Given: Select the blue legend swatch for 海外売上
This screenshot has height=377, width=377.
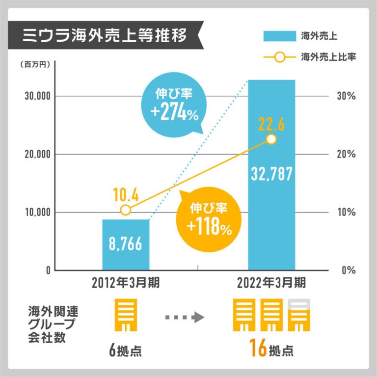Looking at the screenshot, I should pyautogui.click(x=278, y=36).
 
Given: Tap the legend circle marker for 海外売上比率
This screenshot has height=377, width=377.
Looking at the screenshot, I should pyautogui.click(x=278, y=57).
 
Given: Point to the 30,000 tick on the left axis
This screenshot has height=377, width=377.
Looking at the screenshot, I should pyautogui.click(x=38, y=96).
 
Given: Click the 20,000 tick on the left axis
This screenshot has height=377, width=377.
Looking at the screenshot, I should pyautogui.click(x=38, y=154).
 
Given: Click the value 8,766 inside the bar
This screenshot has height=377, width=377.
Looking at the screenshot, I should pyautogui.click(x=125, y=244).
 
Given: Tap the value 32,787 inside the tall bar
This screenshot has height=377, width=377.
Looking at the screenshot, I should pyautogui.click(x=271, y=173).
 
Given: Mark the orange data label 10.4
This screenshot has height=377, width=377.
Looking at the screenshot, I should pyautogui.click(x=126, y=195).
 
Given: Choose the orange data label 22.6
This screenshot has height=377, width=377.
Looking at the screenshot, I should pyautogui.click(x=271, y=124).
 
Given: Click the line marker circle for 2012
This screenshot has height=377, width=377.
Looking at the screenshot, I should pyautogui.click(x=126, y=210).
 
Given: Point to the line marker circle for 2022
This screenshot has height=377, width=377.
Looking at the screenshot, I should pyautogui.click(x=271, y=139).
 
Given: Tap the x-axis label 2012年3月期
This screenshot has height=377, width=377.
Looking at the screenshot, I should pyautogui.click(x=126, y=283).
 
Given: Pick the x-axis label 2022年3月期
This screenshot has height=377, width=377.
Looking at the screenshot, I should pyautogui.click(x=271, y=283).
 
